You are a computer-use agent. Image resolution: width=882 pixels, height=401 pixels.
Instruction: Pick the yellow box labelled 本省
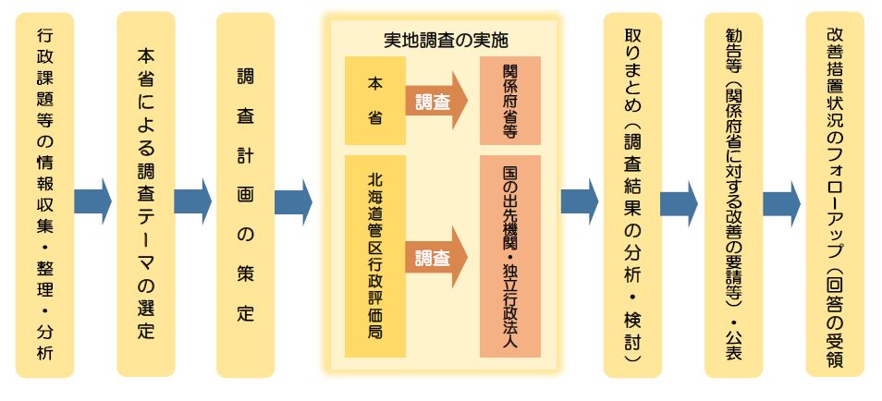(374, 101)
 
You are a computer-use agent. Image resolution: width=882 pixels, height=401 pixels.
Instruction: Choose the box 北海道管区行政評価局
(374, 257)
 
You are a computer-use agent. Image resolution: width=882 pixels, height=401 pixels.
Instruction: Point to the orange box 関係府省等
(509, 101)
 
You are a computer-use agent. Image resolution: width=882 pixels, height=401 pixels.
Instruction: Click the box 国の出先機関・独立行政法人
(509, 257)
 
